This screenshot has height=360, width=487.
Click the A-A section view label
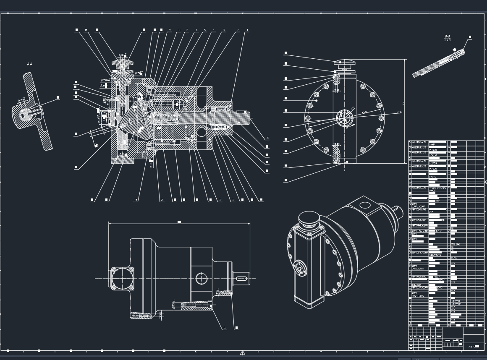pyautogui.click(x=29, y=64)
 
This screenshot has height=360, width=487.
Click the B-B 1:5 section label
pyautogui.click(x=447, y=38)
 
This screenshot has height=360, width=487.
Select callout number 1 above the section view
pyautogui.click(x=248, y=30)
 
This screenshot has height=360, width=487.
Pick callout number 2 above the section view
pyautogui.click(x=238, y=30)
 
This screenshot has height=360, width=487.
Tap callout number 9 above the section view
pyautogui.click(x=170, y=30)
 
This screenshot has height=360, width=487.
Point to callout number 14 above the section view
pyautogui.click(x=86, y=30)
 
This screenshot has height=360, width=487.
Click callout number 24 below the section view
pyautogui.click(x=136, y=200)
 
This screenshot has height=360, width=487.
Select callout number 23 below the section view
pyautogui.click(x=162, y=200)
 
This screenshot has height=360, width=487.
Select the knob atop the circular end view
pyautogui.click(x=345, y=63)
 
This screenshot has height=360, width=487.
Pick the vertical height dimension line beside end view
pyautogui.click(x=405, y=111)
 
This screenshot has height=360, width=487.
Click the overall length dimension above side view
pyautogui.click(x=179, y=223)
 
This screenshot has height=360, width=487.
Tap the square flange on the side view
pyautogui.click(x=122, y=278)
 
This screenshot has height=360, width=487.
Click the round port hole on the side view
pyautogui.click(x=202, y=278)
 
